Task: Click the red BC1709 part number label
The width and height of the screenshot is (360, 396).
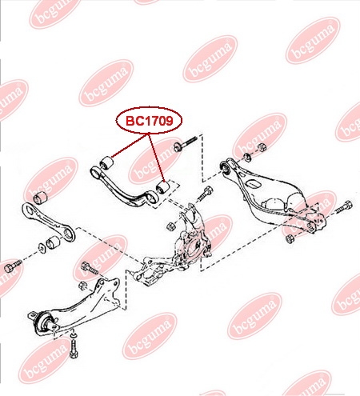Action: pyautogui.click(x=149, y=121)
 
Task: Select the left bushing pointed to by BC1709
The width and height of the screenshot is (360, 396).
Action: pyautogui.click(x=106, y=162)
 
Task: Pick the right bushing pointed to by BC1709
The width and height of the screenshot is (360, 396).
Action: pyautogui.click(x=162, y=187)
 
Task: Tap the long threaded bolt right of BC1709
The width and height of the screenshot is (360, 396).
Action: pyautogui.click(x=185, y=143)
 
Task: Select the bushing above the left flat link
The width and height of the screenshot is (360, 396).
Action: pyautogui.click(x=40, y=197)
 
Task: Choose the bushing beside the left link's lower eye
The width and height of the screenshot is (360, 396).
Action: pyautogui.click(x=53, y=242)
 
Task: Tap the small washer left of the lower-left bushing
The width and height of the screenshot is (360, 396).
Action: pyautogui.click(x=42, y=248)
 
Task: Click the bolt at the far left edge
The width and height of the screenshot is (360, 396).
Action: pyautogui.click(x=13, y=266)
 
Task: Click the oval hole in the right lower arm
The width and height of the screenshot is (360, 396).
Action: pyautogui.click(x=253, y=184)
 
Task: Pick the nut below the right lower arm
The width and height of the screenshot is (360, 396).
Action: pyautogui.click(x=290, y=238)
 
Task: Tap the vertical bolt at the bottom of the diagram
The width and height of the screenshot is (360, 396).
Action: pyautogui.click(x=73, y=345)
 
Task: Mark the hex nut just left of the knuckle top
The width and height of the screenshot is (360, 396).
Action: pyautogui.click(x=170, y=226)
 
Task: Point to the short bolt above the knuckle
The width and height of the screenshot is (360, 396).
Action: pyautogui.click(x=205, y=194)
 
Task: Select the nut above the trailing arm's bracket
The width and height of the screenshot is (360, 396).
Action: pyautogui.click(x=83, y=286)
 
